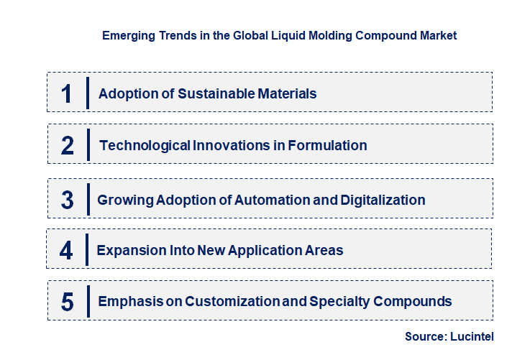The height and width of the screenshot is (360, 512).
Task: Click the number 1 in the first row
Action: pos(67,93)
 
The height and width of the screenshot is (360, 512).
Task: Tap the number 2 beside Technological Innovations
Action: pos(68,145)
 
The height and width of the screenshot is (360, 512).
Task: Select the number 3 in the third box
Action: pos(68,200)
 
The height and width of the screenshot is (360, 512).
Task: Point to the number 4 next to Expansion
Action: pos(67,250)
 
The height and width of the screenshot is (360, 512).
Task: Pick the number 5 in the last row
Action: pos(68,301)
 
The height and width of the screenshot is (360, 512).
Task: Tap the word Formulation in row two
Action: pos(328,145)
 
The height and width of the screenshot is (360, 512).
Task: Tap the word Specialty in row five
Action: pos(339,301)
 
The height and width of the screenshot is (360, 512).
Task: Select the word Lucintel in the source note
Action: pos(472,336)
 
